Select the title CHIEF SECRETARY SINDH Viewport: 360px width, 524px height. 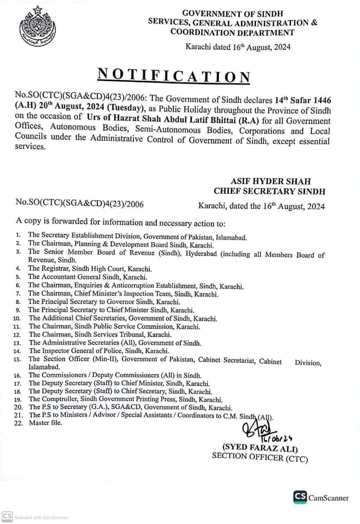(x=269, y=191)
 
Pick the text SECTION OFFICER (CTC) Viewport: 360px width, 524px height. (x=260, y=457)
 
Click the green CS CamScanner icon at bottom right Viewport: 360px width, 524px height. (x=300, y=497)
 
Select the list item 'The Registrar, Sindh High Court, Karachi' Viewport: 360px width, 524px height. (x=90, y=269)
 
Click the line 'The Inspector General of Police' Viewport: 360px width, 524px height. (x=99, y=351)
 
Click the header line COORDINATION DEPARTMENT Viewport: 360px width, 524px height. (x=232, y=32)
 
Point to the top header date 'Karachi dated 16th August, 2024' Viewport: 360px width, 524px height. (x=238, y=47)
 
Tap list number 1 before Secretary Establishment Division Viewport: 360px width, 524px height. (x=18, y=235)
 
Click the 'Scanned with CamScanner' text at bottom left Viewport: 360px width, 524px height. (x=41, y=517)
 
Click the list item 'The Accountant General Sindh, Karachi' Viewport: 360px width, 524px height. (x=88, y=277)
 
